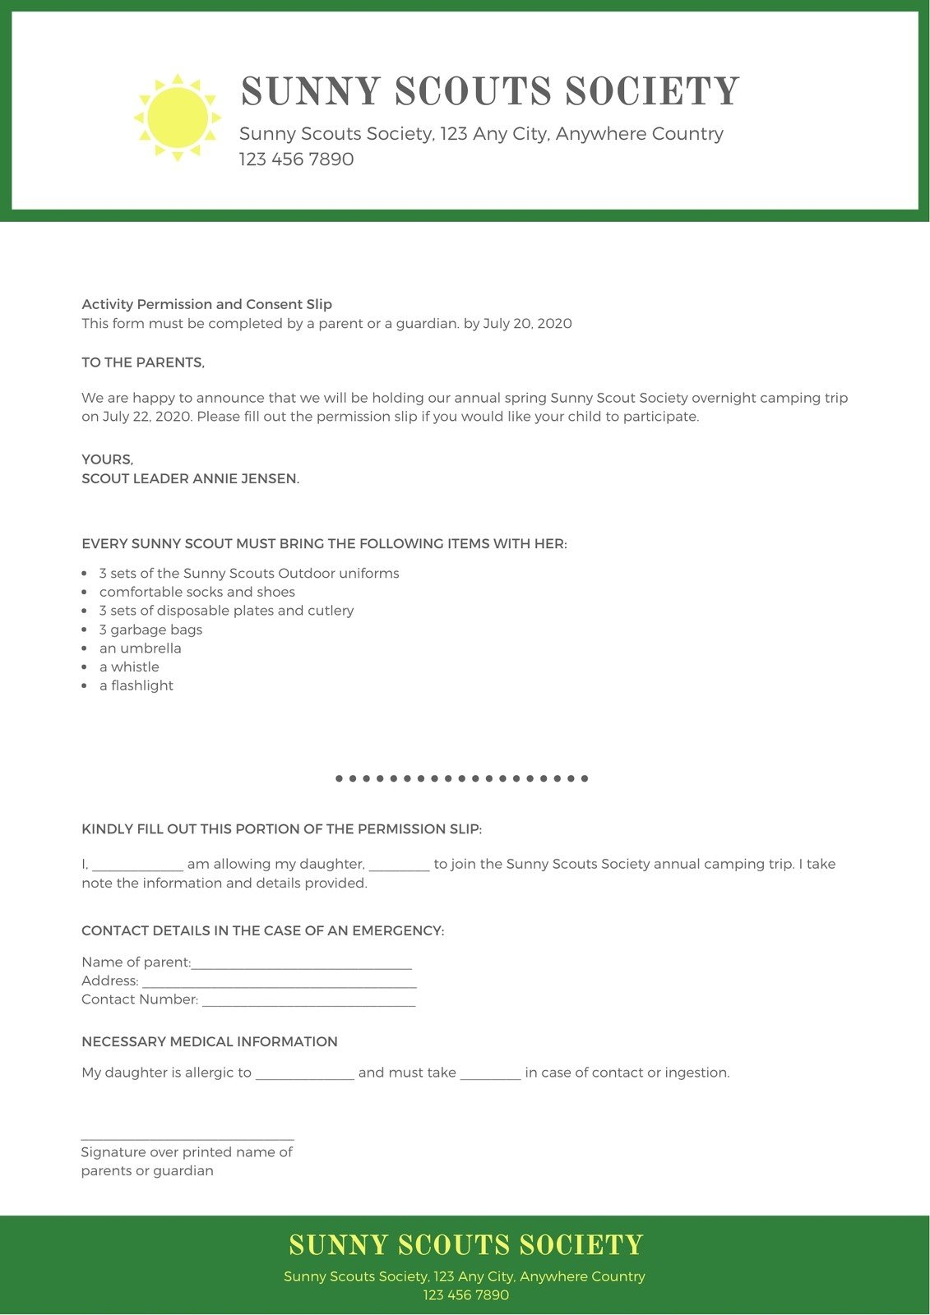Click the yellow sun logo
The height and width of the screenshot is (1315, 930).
tap(178, 118)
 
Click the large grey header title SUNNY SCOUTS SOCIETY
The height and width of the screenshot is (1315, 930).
tap(490, 91)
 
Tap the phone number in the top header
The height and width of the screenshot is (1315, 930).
tap(296, 159)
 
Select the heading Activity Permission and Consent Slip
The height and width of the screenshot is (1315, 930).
tap(206, 304)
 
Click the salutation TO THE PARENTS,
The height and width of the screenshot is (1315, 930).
tap(143, 362)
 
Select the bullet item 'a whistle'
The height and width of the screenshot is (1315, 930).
tap(129, 667)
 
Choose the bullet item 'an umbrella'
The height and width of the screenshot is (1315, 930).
tap(140, 648)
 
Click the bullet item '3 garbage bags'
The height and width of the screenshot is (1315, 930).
tap(150, 630)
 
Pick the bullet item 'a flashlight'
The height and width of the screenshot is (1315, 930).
tap(136, 685)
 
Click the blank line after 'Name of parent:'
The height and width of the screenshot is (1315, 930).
tap(301, 967)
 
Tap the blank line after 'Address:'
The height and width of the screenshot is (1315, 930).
tap(280, 985)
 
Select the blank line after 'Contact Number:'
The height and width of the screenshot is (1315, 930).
tap(308, 1004)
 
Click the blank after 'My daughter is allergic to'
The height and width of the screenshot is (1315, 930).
tap(304, 1077)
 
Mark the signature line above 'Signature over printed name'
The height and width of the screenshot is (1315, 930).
tap(187, 1138)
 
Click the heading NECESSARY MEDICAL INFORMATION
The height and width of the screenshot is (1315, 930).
tap(210, 1042)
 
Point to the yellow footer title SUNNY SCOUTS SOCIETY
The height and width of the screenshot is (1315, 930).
tap(465, 1245)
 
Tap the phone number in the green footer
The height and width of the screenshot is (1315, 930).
tap(465, 1295)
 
